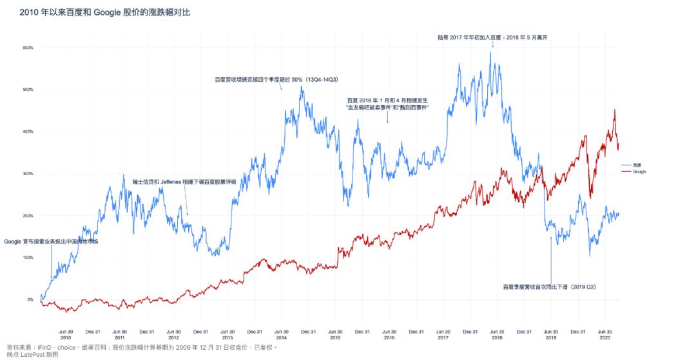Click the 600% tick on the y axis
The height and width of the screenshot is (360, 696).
point(28,48)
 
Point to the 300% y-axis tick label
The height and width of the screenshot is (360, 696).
point(28,174)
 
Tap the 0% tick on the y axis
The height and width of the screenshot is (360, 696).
point(30,299)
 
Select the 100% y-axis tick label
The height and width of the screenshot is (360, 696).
point(28,258)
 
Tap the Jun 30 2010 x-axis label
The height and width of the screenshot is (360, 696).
point(66,334)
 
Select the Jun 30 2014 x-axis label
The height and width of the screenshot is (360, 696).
point(282,334)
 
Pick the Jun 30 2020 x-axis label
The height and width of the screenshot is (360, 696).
point(605,334)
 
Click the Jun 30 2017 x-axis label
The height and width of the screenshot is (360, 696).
point(443,334)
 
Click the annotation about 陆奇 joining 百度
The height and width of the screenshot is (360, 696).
point(492,37)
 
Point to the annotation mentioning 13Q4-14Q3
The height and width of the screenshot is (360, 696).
point(276,80)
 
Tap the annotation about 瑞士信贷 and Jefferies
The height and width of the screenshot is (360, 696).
point(184,182)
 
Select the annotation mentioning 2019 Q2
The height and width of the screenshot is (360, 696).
point(549,287)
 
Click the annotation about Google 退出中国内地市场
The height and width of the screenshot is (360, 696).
point(51,242)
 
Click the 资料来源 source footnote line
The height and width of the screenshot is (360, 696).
point(141,347)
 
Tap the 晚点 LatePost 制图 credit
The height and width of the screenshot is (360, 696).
point(32,354)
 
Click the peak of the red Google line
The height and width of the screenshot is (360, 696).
point(614,110)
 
